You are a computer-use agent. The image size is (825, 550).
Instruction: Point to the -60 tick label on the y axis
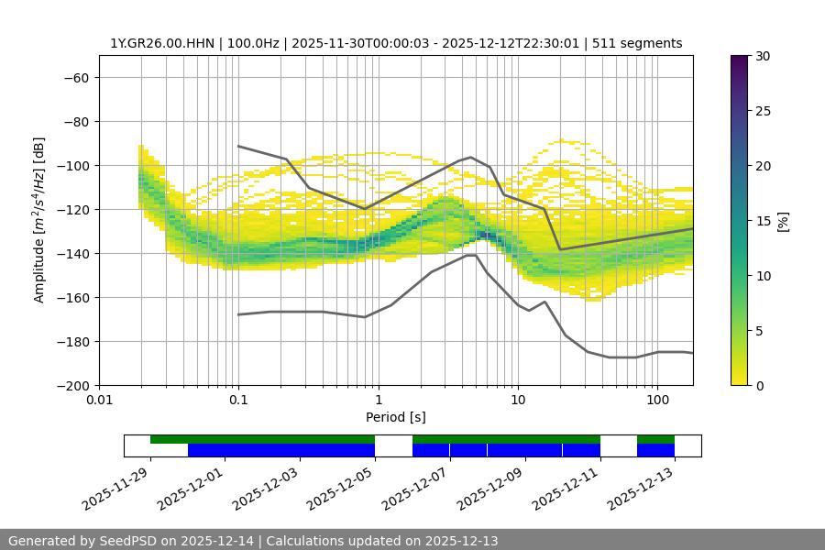[x=76, y=77]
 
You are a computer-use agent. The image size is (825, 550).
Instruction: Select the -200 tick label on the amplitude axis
[x=73, y=385]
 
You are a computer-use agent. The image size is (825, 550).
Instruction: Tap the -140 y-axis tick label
[x=73, y=253]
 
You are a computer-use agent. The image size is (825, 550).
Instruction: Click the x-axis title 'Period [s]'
[x=396, y=418]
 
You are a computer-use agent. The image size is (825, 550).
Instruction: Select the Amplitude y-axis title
[x=38, y=220]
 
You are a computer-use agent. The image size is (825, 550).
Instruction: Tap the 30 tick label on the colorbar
[x=763, y=56]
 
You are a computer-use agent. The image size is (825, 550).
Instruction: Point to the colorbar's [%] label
[x=783, y=221]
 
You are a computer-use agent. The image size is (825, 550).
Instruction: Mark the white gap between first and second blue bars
[x=393, y=449]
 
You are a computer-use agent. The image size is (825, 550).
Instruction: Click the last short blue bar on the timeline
[x=655, y=450]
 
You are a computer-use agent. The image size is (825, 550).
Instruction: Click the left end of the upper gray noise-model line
[x=238, y=147]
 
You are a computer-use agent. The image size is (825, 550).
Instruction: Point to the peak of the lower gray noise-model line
[x=471, y=255]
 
